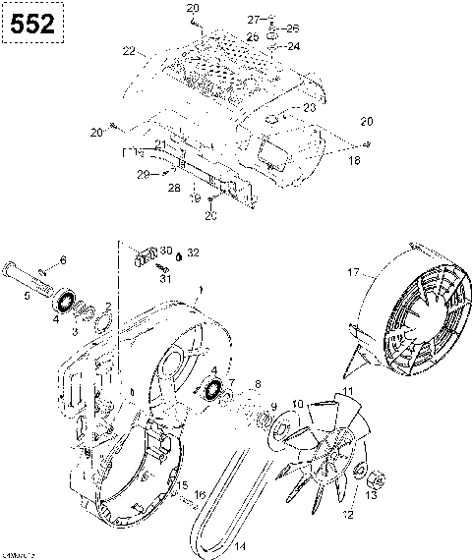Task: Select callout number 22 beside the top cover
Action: pos(128,51)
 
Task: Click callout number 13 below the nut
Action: pos(370,497)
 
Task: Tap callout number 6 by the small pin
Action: pos(63,259)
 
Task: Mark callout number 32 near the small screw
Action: pos(193,252)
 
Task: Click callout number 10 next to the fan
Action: pos(298,403)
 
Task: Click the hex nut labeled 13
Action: pos(376,478)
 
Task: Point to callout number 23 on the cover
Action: pos(309,107)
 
